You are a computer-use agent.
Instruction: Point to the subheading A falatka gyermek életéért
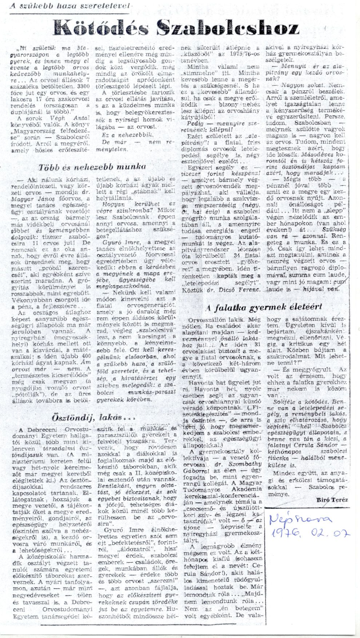click(x=264, y=308)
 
